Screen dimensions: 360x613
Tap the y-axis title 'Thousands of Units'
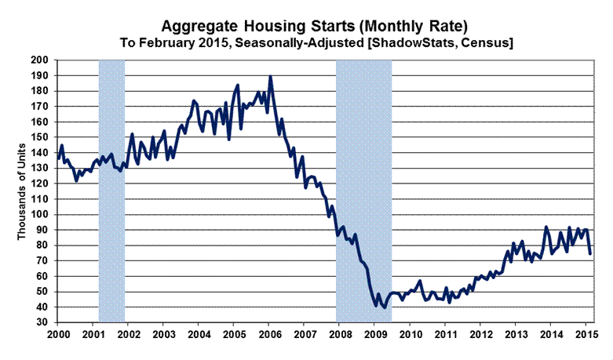21,191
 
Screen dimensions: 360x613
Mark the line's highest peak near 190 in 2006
270,76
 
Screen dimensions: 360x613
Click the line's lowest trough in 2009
384,307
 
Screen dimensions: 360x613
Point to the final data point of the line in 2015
589,253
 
